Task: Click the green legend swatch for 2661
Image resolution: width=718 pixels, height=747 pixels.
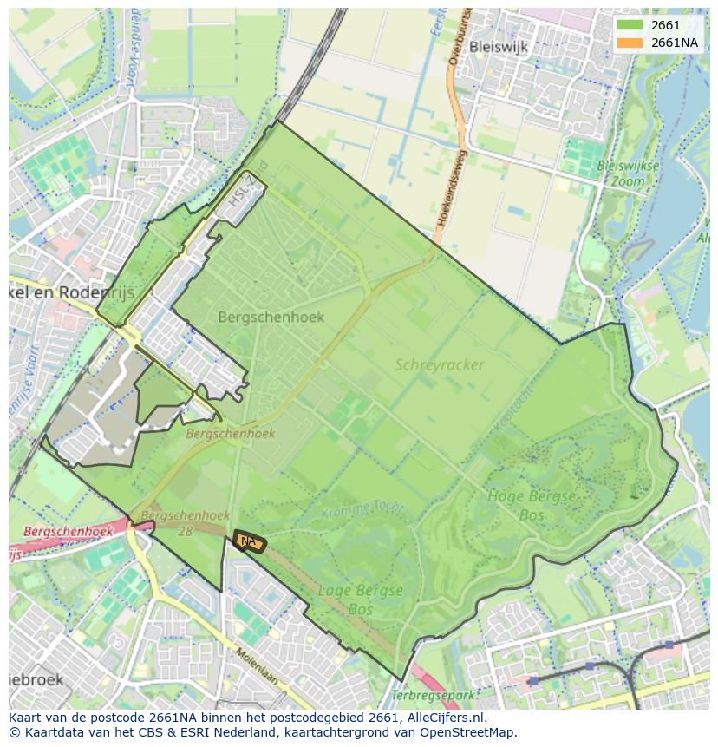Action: coord(630,26)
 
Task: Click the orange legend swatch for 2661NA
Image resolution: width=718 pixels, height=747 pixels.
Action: coord(630,43)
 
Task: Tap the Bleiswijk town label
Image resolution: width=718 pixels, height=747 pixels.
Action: coord(499,48)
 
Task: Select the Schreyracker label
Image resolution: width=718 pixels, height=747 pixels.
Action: coord(440,365)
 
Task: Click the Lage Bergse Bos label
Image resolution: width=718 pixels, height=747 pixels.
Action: coord(361,600)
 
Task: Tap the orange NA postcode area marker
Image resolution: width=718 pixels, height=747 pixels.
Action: coord(249,541)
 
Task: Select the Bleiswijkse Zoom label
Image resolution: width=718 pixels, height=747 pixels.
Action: coord(629,174)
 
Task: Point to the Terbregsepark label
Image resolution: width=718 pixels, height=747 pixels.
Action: coord(434,696)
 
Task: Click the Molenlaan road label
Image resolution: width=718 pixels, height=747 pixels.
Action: coord(258,665)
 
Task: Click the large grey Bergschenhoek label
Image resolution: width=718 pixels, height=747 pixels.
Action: coord(271,317)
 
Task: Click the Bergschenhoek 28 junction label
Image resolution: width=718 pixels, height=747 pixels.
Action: coord(173,522)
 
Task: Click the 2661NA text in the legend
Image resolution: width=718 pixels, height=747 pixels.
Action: coord(674,43)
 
